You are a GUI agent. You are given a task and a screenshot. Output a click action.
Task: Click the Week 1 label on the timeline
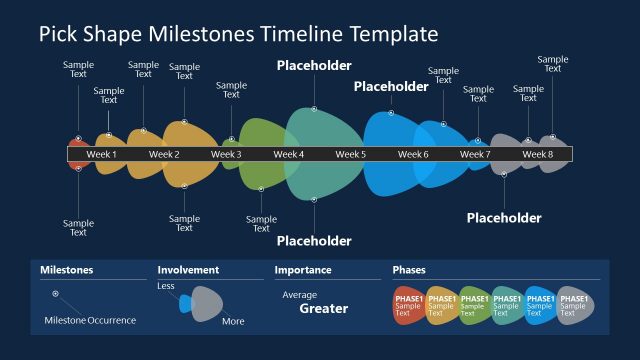101,155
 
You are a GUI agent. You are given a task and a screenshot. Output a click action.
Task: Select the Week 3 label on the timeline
226,155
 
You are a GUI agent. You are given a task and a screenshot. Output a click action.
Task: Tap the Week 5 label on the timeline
350,155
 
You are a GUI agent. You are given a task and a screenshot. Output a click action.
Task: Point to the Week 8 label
537,155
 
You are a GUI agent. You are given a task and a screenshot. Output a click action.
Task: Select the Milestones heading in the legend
66,270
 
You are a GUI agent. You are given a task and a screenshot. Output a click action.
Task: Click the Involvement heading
189,270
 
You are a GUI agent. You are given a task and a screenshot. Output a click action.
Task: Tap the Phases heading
409,270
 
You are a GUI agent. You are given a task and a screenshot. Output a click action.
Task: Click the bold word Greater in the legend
324,309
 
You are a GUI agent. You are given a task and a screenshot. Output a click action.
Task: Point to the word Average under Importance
299,295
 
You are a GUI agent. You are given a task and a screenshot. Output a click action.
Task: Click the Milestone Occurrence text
90,321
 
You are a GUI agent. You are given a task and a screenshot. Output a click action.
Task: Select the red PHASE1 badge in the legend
408,305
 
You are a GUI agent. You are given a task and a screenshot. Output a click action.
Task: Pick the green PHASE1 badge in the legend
474,305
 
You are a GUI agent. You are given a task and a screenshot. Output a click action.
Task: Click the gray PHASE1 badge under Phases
573,305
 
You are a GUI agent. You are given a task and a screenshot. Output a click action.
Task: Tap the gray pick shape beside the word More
206,304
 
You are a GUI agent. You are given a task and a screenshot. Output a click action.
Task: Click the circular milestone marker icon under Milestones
55,294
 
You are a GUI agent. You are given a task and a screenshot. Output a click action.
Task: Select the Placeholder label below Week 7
504,218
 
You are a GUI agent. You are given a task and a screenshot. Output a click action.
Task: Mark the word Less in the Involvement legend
166,287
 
